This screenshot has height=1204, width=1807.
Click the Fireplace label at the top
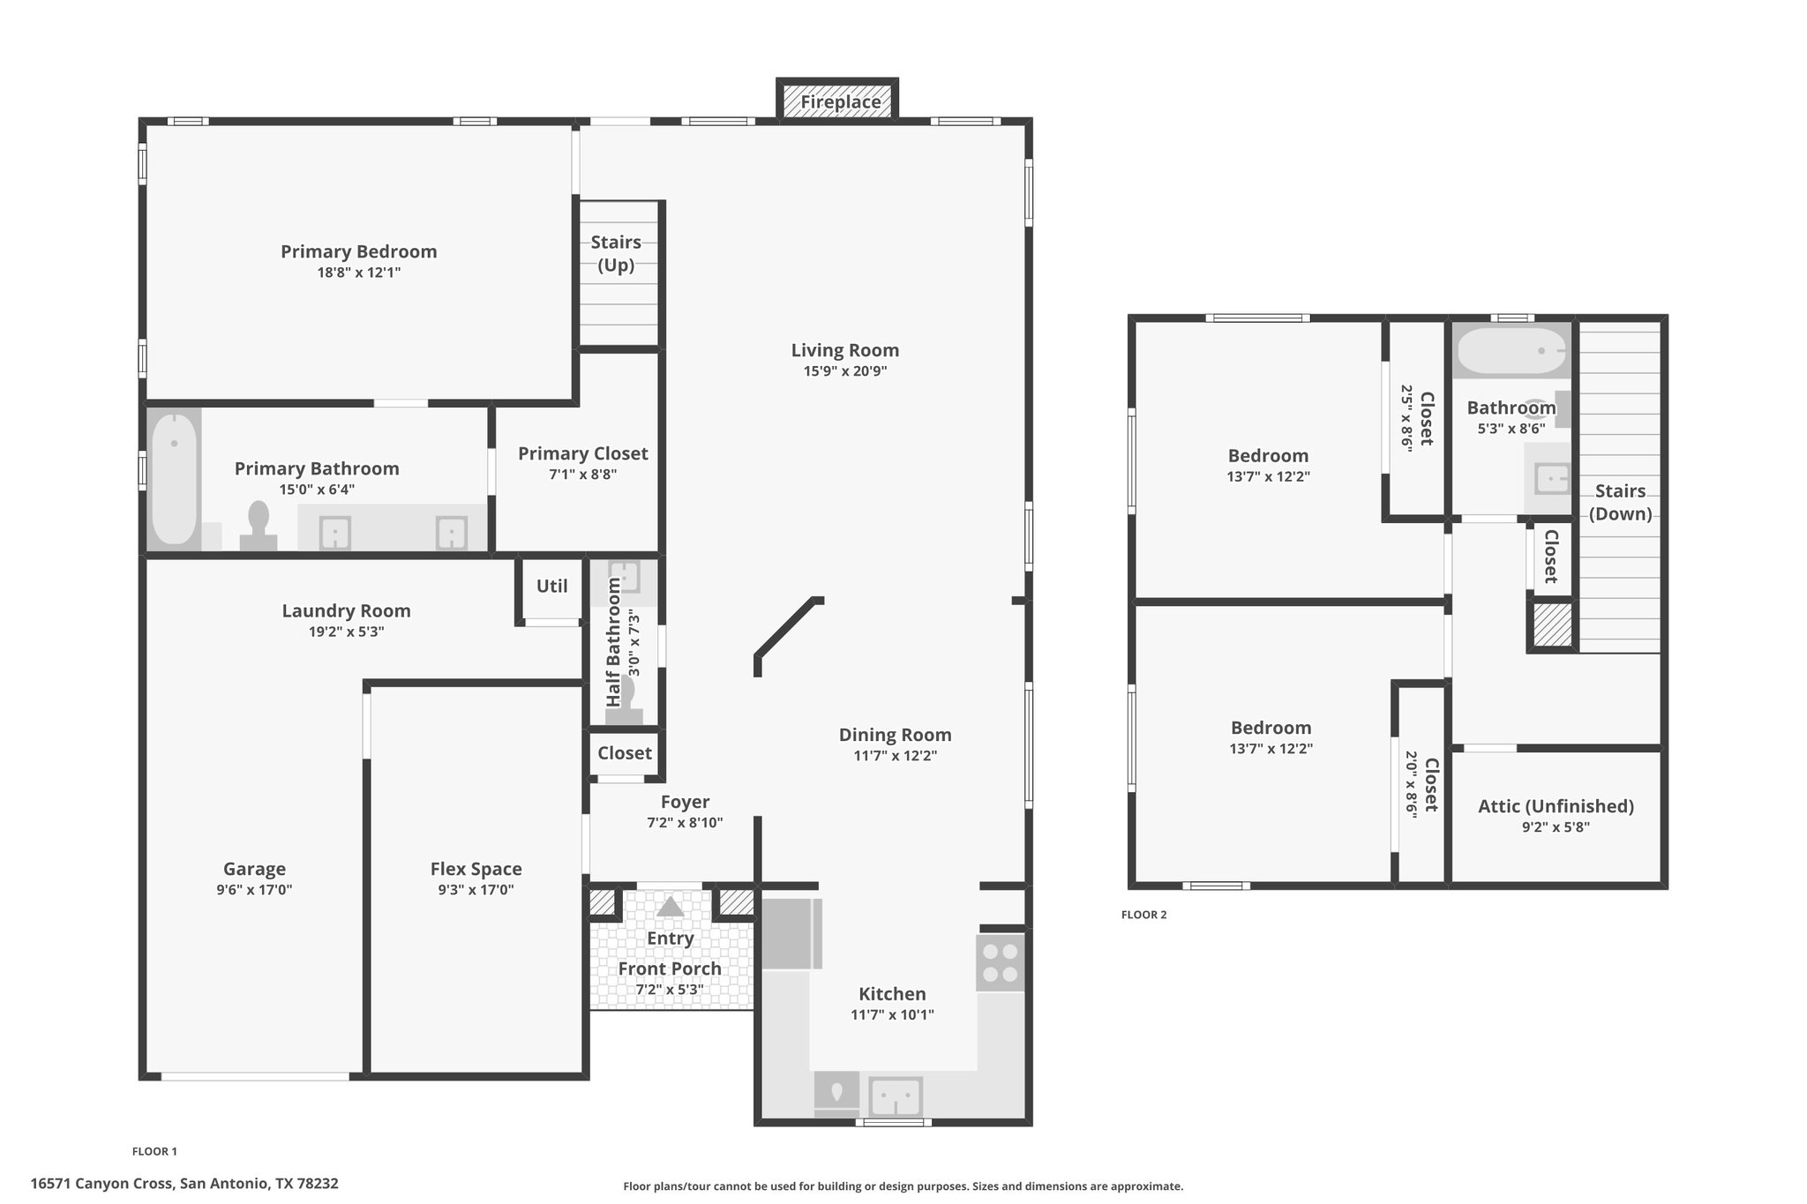(840, 102)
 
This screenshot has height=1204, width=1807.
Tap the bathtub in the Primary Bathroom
(175, 479)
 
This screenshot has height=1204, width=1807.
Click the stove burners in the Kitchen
(1001, 962)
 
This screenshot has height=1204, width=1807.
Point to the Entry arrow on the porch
(671, 907)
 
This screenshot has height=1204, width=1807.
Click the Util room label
(552, 587)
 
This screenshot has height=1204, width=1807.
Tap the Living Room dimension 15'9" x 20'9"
(845, 371)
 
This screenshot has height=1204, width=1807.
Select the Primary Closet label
(583, 453)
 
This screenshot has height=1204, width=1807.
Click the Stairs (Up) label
(616, 253)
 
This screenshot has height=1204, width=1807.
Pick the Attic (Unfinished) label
(1556, 806)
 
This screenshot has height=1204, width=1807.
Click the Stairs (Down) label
(1621, 502)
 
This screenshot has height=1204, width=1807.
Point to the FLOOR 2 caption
(1143, 915)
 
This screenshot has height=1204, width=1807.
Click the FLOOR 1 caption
(154, 1151)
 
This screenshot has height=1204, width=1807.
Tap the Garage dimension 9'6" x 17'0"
(254, 890)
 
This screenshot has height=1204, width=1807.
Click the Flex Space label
(476, 869)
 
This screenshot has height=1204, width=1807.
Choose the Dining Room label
(896, 735)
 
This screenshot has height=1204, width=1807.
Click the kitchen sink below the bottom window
(896, 1097)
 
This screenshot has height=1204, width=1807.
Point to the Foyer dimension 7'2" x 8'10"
(685, 823)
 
